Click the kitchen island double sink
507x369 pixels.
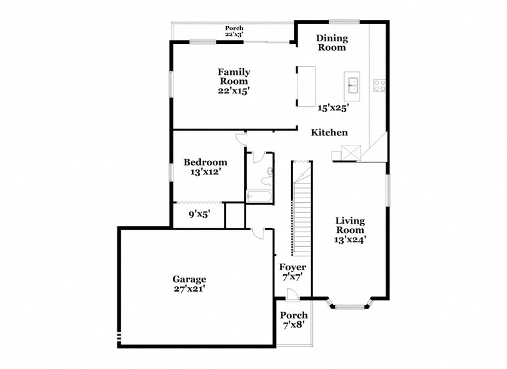(352, 85)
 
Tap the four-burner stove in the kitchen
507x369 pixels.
(380, 85)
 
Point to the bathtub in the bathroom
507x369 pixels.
(258, 196)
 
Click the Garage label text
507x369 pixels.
(189, 279)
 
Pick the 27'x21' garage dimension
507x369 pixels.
(189, 289)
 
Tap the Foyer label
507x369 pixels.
(293, 267)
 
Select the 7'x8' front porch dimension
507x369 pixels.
(294, 325)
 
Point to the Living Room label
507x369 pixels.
(350, 225)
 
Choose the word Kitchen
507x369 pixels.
(330, 133)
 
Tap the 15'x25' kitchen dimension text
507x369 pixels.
(334, 107)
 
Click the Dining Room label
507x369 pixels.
(332, 43)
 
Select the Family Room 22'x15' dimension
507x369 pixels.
(234, 91)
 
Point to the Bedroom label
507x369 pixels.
(205, 162)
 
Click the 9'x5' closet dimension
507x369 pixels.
(199, 214)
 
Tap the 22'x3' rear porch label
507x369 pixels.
(233, 34)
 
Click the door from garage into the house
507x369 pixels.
(260, 233)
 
